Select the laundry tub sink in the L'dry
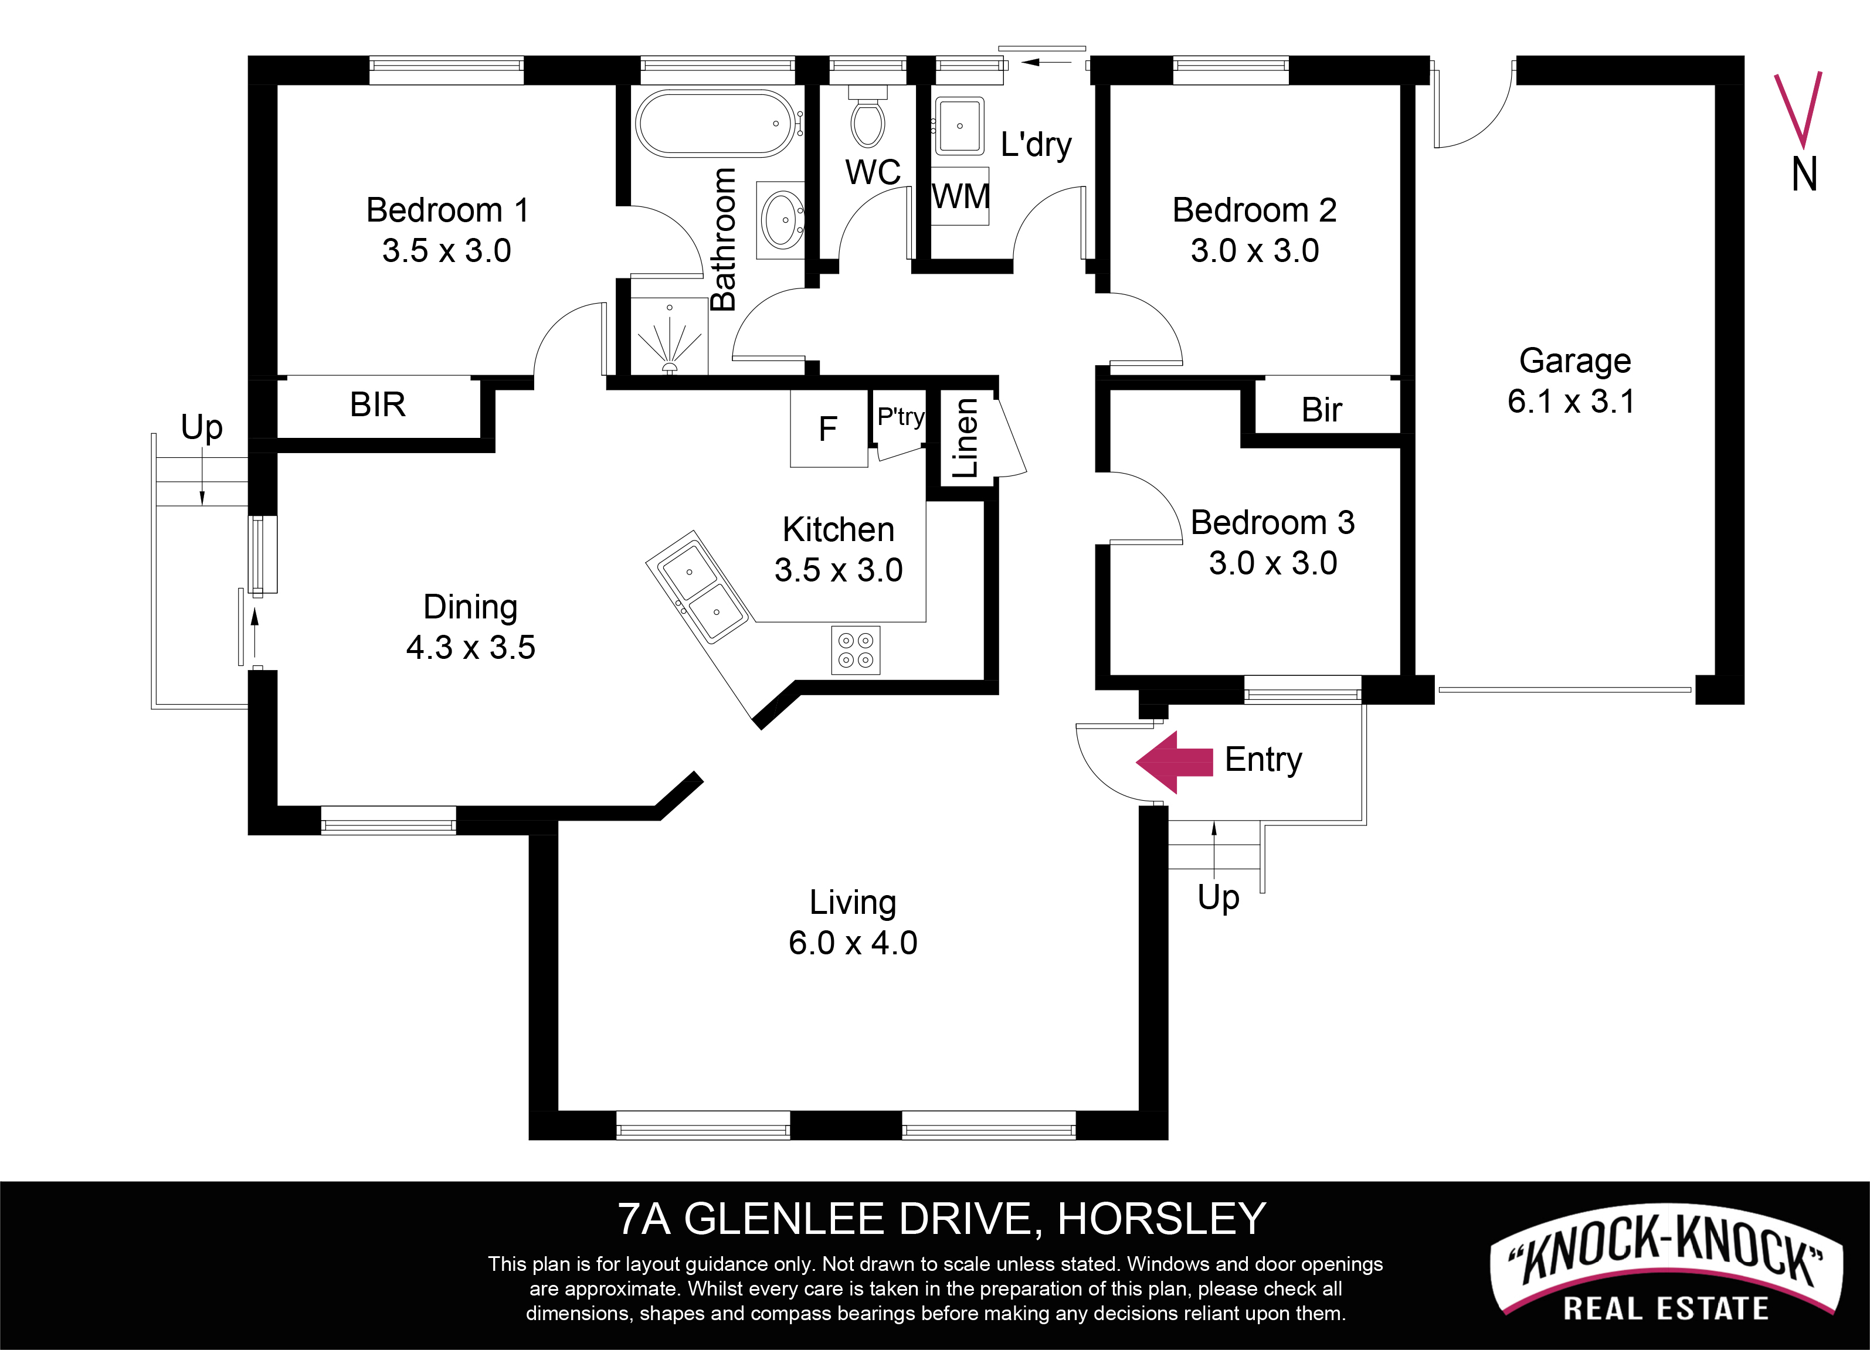pos(960,126)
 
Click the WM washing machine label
pos(961,197)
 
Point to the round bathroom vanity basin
pos(782,219)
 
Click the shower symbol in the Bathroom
pos(668,338)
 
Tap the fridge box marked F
pos(829,429)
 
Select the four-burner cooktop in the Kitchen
pos(855,650)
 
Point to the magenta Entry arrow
pos(1174,761)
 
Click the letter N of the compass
pos(1804,175)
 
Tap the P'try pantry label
pos(900,417)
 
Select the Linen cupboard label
pos(965,438)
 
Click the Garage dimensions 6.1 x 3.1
pos(1571,402)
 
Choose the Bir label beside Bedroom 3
pos(1322,410)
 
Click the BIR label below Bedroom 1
pos(378,404)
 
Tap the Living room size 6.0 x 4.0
pos(853,943)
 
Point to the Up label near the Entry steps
pos(1219,897)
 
